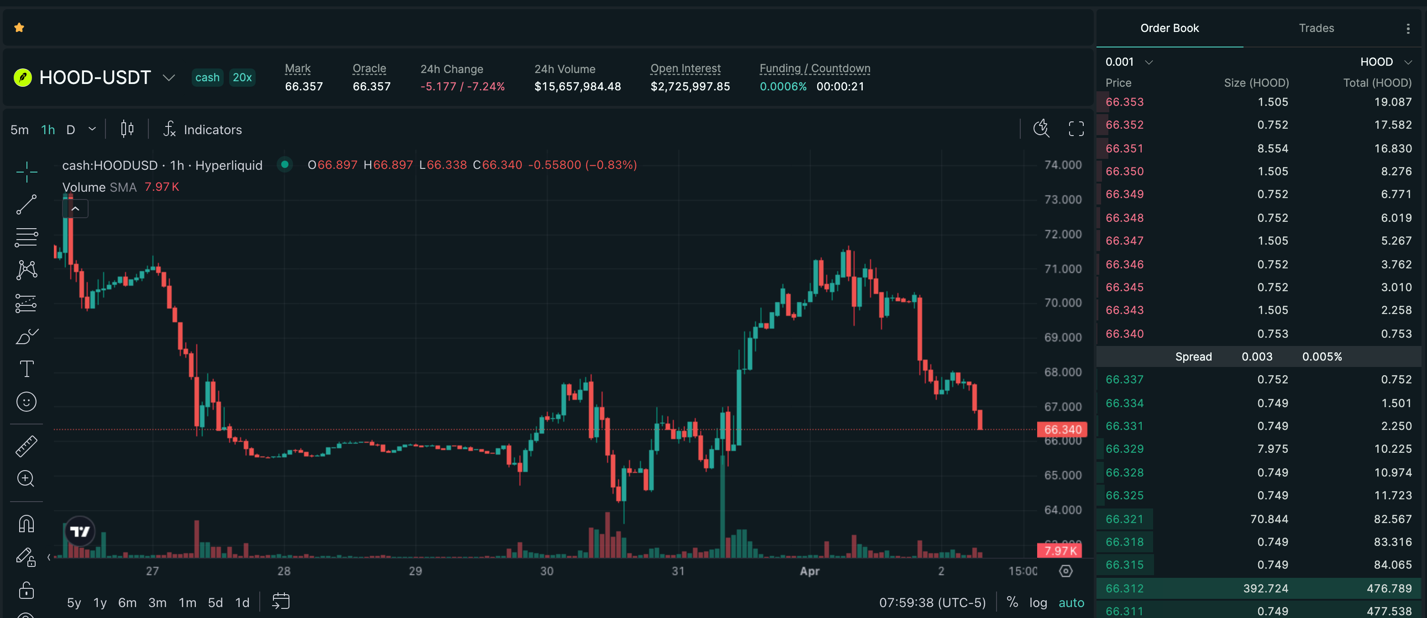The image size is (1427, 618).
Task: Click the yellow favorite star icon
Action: pos(19,28)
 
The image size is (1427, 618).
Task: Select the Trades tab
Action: pos(1316,28)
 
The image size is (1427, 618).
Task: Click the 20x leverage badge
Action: pos(242,78)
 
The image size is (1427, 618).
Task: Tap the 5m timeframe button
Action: pos(19,130)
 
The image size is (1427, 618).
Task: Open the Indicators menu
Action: pos(203,130)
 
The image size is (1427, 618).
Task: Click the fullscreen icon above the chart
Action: pos(1076,129)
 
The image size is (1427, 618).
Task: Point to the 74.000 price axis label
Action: pos(1063,165)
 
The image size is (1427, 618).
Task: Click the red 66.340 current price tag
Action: pos(1062,429)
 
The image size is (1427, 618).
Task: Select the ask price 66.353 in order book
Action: pos(1124,102)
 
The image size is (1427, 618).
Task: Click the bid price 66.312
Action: pos(1124,588)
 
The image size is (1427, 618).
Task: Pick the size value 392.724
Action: pos(1265,588)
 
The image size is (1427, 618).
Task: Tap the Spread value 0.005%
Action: pos(1322,356)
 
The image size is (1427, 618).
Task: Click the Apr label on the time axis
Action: pos(809,571)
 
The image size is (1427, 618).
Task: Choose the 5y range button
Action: pos(73,602)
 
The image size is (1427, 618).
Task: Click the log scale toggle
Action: pos(1038,602)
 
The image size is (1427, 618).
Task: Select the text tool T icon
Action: pos(26,369)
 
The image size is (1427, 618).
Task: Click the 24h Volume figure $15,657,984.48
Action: pos(577,86)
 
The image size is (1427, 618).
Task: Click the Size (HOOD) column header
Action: pos(1256,83)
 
